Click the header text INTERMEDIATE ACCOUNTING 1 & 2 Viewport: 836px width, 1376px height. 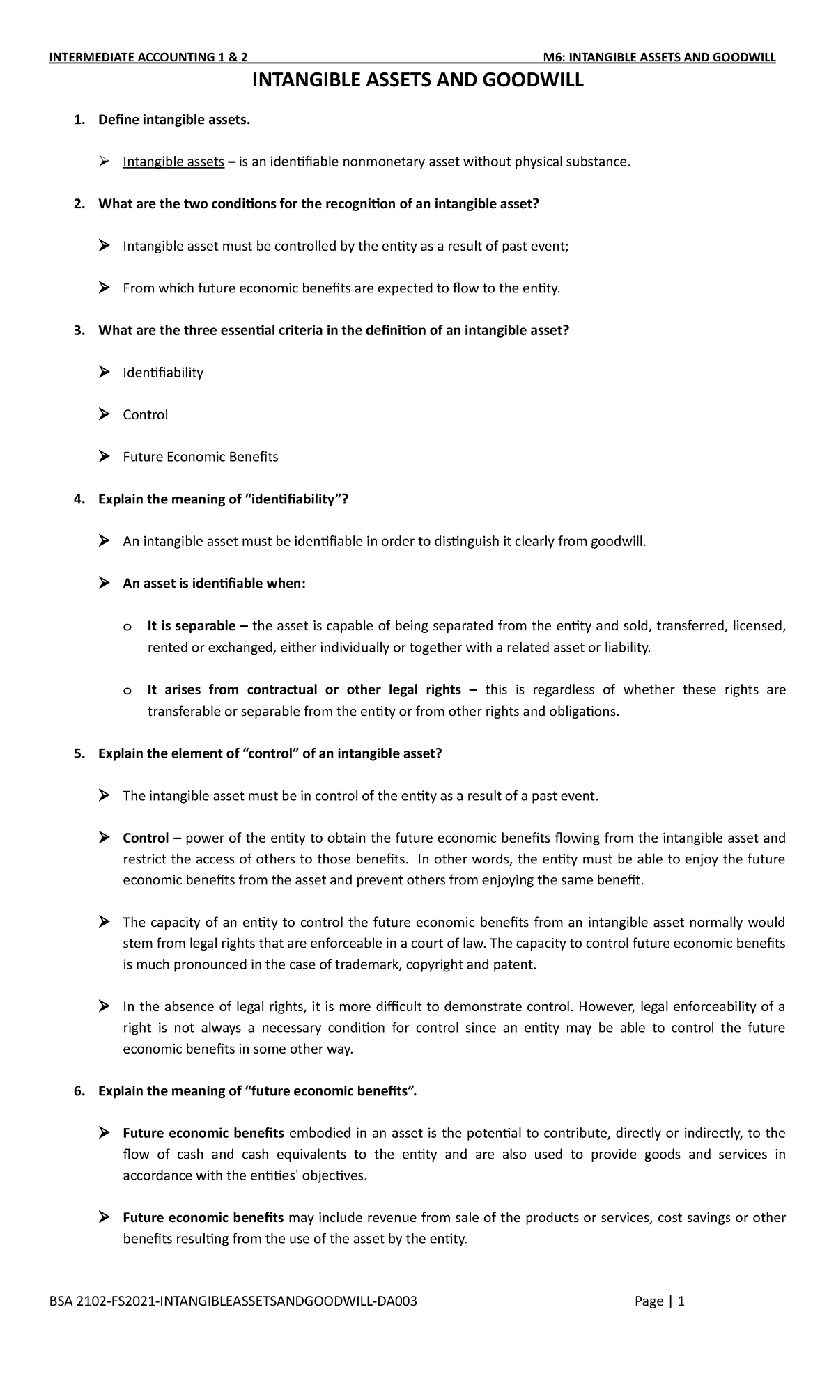point(148,58)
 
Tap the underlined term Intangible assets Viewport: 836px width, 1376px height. point(173,162)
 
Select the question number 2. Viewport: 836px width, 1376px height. point(78,204)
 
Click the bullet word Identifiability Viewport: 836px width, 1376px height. point(163,373)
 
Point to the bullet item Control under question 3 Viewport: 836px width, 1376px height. point(145,415)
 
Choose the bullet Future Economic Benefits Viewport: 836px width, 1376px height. point(200,457)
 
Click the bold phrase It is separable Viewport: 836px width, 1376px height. point(192,626)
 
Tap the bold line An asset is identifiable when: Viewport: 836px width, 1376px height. point(214,584)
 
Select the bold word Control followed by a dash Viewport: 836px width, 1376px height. point(146,838)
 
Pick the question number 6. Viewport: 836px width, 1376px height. point(78,1091)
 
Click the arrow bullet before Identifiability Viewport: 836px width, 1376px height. point(104,373)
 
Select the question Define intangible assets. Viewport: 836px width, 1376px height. point(173,120)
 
